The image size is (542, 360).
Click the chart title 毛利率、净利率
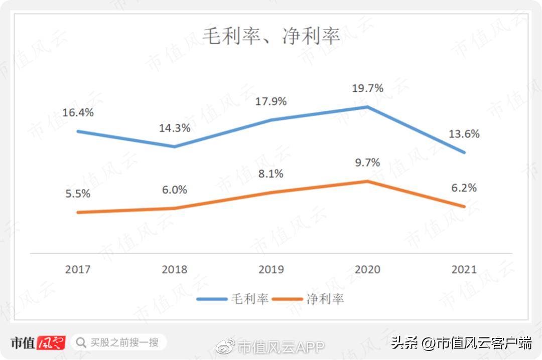271,36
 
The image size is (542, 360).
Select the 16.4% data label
78,112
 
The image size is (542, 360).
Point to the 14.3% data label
175,128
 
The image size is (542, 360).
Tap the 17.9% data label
271,101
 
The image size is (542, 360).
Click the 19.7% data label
367,88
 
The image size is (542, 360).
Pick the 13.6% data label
464,134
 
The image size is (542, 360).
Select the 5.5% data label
78,194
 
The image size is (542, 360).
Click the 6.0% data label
175,190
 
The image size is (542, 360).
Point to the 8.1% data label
271,174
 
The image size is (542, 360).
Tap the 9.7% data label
367,162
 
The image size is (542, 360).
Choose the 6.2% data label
464,188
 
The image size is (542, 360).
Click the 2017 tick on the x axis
78,269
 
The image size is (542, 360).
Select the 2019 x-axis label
271,269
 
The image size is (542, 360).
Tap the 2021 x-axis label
464,269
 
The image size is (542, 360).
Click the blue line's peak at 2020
367,107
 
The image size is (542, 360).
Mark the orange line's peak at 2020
367,181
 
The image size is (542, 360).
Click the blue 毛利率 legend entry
232,299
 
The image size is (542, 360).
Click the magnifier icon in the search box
80,343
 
